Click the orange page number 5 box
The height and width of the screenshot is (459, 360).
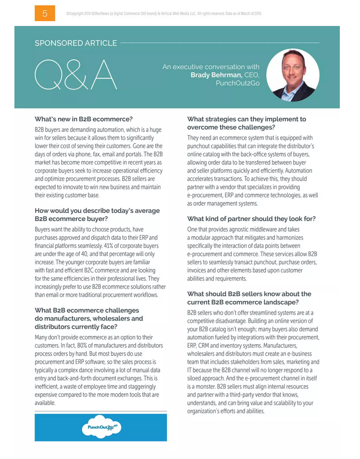45,13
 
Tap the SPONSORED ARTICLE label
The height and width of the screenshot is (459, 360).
75,43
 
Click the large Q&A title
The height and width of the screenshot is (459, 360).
76,75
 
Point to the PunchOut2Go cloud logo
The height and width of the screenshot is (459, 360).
100,427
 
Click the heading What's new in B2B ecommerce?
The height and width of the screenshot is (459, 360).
84,119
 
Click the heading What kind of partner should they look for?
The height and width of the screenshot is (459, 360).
251,219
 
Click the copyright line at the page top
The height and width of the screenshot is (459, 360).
163,14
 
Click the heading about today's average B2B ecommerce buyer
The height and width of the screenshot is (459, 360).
97,214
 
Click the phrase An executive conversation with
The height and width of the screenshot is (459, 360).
211,67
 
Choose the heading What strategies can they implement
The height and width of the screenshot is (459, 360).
246,123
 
